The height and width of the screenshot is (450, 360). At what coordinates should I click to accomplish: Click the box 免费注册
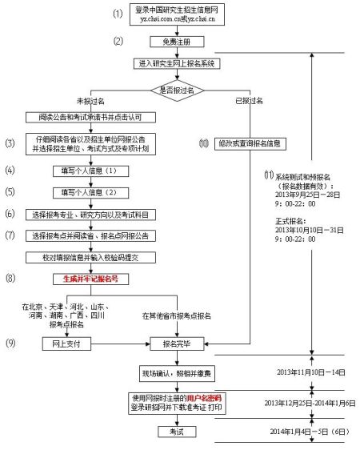pyautogui.click(x=174, y=41)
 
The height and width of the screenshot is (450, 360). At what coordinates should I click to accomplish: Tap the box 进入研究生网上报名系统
pyautogui.click(x=174, y=63)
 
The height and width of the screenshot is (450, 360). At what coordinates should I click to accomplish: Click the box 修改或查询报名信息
pyautogui.click(x=250, y=143)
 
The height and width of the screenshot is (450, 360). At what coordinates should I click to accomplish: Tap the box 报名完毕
pyautogui.click(x=174, y=344)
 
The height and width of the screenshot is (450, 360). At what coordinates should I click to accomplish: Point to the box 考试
pyautogui.click(x=174, y=432)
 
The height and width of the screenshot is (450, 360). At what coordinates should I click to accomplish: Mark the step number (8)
pyautogui.click(x=10, y=279)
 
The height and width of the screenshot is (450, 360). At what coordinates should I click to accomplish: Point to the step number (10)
pyautogui.click(x=205, y=143)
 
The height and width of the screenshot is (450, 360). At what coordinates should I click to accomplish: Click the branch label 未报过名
pyautogui.click(x=91, y=102)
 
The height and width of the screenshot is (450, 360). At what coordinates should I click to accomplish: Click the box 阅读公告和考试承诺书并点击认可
pyautogui.click(x=95, y=117)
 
